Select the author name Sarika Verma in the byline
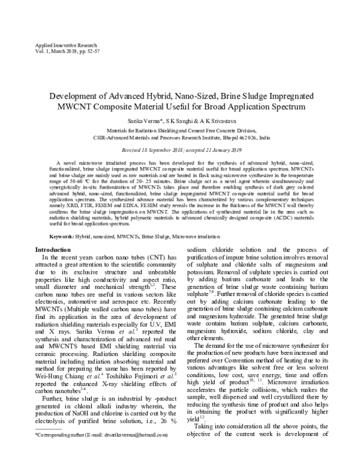pyautogui.click(x=152, y=120)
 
